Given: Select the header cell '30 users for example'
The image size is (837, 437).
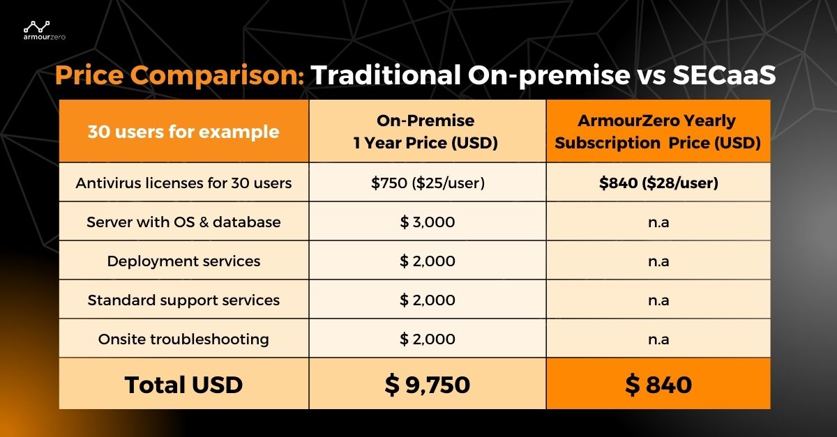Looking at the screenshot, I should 183,131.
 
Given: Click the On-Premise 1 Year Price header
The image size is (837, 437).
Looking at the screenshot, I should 427,132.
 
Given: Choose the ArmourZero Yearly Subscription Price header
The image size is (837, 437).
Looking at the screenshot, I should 658,132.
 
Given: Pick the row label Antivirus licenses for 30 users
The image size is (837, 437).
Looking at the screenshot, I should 183,183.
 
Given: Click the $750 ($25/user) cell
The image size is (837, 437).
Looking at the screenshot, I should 427,183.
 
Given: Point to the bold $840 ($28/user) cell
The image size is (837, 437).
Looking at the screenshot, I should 658,183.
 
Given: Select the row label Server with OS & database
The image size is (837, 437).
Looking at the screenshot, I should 183,222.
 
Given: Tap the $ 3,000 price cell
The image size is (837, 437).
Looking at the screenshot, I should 427,222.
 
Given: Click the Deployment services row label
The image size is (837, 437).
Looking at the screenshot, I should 183,261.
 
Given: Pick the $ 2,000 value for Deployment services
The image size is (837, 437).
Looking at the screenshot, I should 427,261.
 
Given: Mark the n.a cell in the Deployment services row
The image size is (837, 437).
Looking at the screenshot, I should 658,261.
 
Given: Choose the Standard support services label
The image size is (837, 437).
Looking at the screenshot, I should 183,300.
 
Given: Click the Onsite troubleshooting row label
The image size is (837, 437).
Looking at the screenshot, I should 183,339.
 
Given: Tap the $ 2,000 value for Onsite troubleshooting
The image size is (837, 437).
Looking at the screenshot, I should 427,339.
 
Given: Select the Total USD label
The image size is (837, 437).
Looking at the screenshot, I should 183,384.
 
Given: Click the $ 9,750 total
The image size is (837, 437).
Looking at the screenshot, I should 427,384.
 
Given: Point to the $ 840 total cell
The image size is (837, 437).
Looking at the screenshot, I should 658,384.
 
